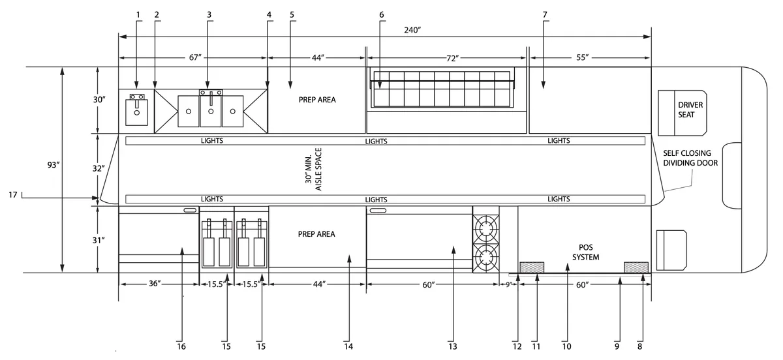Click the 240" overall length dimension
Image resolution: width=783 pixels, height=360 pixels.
click(x=412, y=30)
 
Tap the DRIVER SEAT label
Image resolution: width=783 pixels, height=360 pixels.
click(x=690, y=110)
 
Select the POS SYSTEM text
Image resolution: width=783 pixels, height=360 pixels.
click(x=585, y=252)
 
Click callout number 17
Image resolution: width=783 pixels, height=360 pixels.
click(x=13, y=195)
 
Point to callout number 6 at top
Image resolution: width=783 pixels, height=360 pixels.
click(x=381, y=15)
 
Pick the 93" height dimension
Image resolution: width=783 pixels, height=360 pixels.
click(x=54, y=164)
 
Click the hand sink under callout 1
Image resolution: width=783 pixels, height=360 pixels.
click(x=136, y=110)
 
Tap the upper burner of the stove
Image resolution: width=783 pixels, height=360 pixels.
click(x=486, y=229)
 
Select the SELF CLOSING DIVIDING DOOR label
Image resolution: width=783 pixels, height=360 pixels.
click(x=690, y=158)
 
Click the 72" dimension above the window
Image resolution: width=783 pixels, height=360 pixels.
click(x=452, y=58)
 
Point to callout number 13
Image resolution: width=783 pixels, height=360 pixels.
click(x=453, y=346)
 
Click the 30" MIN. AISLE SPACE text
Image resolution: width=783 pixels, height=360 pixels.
click(x=313, y=170)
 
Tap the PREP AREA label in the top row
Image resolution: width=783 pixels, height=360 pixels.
click(x=317, y=100)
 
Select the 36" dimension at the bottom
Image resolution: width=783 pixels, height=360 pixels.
click(x=155, y=284)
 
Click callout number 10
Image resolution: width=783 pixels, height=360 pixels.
click(x=566, y=346)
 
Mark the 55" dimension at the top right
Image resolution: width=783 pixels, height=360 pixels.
click(x=582, y=57)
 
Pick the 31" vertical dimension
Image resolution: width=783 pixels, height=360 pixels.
click(x=99, y=241)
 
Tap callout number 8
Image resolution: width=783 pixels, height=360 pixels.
click(x=639, y=346)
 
